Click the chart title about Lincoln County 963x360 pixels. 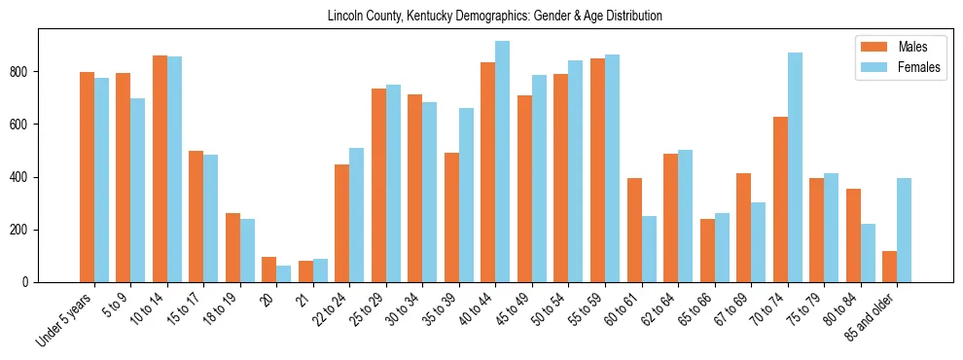click(495, 16)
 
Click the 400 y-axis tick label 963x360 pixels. click(25, 177)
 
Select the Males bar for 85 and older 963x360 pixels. click(889, 267)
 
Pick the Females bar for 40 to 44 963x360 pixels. click(503, 162)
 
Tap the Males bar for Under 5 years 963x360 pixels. click(87, 177)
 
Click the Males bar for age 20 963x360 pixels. click(269, 270)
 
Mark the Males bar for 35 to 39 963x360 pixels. click(451, 217)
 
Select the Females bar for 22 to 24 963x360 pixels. click(357, 215)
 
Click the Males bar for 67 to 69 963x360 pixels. click(743, 228)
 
